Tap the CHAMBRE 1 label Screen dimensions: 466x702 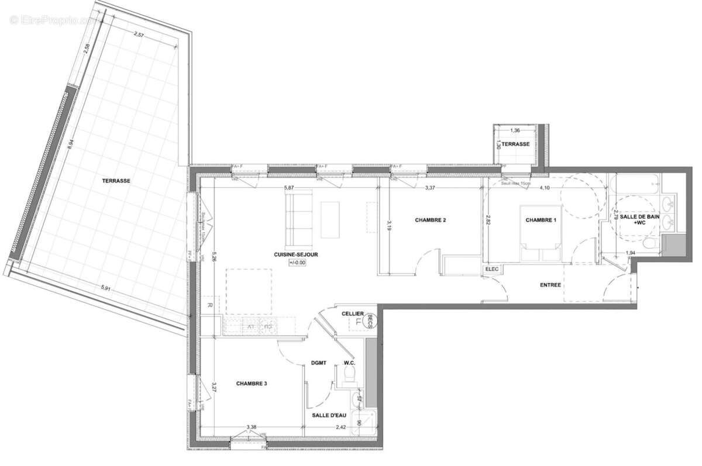coord(541,220)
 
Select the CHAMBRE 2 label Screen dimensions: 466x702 coord(431,220)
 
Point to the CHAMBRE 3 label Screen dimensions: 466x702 coord(252,384)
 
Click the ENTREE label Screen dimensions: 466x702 coord(550,285)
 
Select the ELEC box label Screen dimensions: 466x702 coord(490,270)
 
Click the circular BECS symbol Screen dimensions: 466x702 coord(370,320)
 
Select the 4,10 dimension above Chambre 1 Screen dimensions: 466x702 coord(544,188)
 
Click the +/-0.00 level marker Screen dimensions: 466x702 coord(298,263)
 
